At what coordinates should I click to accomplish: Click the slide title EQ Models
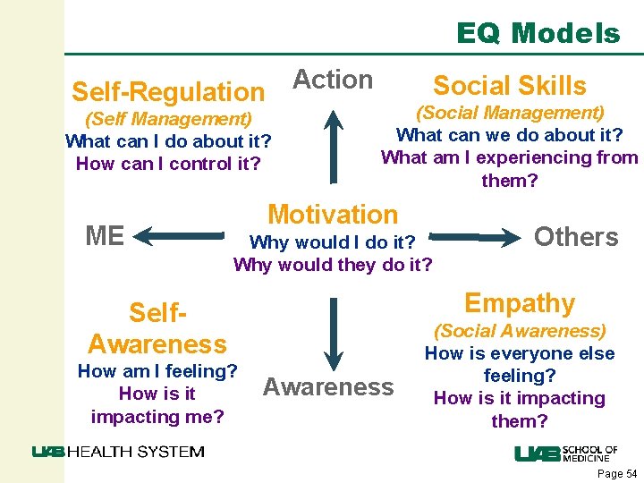(x=538, y=34)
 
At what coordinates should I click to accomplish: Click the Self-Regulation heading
(x=168, y=91)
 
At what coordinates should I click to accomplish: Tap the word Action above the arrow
(x=333, y=80)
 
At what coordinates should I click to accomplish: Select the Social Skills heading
(x=509, y=86)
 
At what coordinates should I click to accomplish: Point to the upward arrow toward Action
(x=333, y=143)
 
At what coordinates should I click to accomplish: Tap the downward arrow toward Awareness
(x=333, y=331)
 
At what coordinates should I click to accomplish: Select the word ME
(x=105, y=236)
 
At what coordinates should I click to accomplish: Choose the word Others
(x=576, y=237)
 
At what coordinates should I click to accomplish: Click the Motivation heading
(x=333, y=215)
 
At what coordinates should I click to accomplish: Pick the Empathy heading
(x=520, y=303)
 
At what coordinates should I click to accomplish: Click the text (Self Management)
(x=168, y=118)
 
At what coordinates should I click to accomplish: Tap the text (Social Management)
(x=510, y=113)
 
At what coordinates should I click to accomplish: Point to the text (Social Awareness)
(x=520, y=331)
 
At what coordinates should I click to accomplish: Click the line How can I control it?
(x=168, y=164)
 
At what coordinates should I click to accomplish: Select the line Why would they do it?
(x=333, y=265)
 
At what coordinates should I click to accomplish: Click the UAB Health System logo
(x=117, y=452)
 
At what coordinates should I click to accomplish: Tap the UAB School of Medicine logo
(x=565, y=453)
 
